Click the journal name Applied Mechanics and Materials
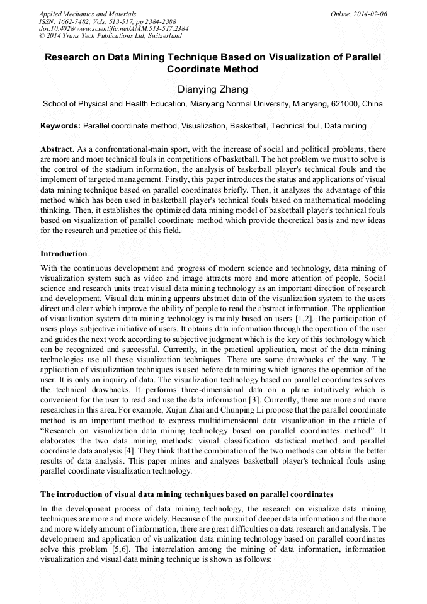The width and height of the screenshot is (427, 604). coord(88,14)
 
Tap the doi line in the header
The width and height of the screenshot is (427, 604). coord(113,29)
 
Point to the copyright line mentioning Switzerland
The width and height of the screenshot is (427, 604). coord(110,36)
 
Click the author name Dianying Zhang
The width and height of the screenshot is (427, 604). coord(213,89)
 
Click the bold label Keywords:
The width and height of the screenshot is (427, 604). coord(60,126)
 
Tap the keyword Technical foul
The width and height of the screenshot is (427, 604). coord(295,126)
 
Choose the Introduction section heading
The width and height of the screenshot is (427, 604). coord(64,254)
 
